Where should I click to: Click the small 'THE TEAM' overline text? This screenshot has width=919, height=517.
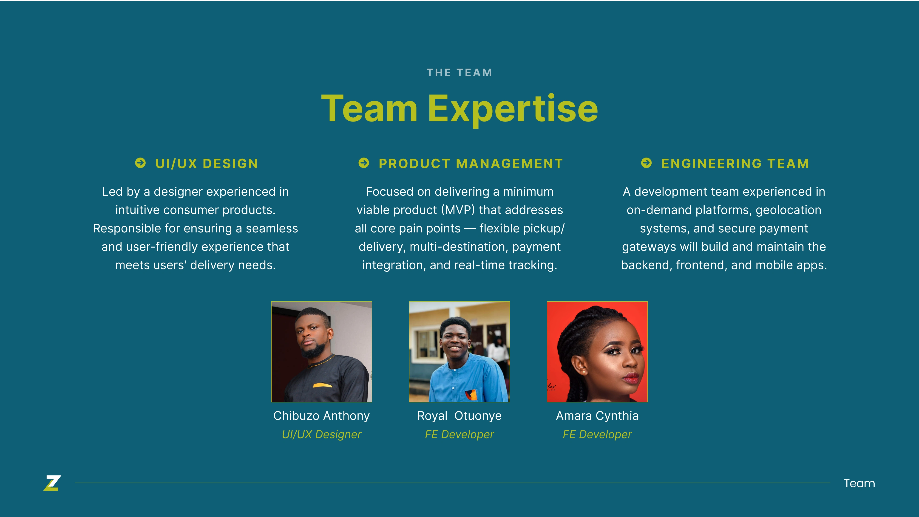click(459, 73)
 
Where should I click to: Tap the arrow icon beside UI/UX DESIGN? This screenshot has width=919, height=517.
click(141, 163)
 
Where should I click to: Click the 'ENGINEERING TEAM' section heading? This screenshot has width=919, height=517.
click(735, 164)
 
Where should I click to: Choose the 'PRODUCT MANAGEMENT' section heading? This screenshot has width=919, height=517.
click(471, 164)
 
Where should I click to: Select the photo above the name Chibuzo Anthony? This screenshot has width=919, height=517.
click(321, 352)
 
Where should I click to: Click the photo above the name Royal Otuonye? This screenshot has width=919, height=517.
click(459, 352)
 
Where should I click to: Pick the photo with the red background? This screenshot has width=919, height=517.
click(597, 352)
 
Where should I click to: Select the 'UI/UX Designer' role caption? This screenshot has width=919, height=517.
click(321, 435)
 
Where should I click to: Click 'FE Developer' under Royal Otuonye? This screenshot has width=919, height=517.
click(459, 435)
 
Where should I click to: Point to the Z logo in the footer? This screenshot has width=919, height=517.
click(52, 483)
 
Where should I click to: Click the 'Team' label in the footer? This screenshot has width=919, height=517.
click(859, 483)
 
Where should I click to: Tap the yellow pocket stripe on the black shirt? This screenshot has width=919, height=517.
click(323, 385)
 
